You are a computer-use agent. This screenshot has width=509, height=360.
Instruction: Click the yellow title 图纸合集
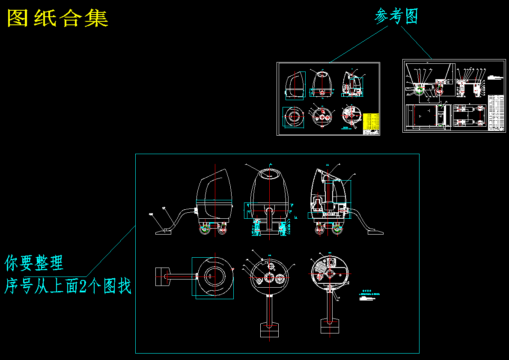tap(58, 18)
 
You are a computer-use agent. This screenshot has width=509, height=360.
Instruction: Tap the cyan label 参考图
tap(396, 16)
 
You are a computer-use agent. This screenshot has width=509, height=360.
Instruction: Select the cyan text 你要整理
tap(34, 262)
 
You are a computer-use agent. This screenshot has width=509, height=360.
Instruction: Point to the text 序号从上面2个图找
tap(68, 286)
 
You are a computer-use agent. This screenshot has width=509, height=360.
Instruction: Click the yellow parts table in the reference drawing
tap(371, 122)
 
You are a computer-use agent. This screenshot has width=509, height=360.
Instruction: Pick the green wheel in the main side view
tap(205, 229)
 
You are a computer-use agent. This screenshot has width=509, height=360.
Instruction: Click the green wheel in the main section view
tap(338, 230)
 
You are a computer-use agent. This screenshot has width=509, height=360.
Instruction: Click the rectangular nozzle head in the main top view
tap(162, 277)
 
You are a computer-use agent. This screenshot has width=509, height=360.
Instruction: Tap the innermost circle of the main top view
tap(213, 277)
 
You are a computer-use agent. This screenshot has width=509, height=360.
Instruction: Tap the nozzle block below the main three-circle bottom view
tap(270, 329)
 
